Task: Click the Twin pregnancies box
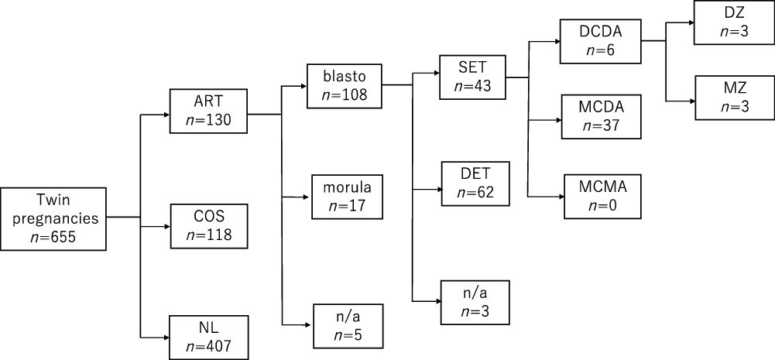(x=53, y=218)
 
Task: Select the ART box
(x=209, y=113)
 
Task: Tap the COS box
(x=209, y=226)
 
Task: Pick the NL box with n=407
(x=209, y=337)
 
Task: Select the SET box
(x=472, y=76)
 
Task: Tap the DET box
(x=476, y=183)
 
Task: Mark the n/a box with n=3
(x=476, y=300)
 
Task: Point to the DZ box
(x=732, y=22)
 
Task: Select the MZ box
(x=732, y=98)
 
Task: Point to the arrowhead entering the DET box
(x=437, y=188)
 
